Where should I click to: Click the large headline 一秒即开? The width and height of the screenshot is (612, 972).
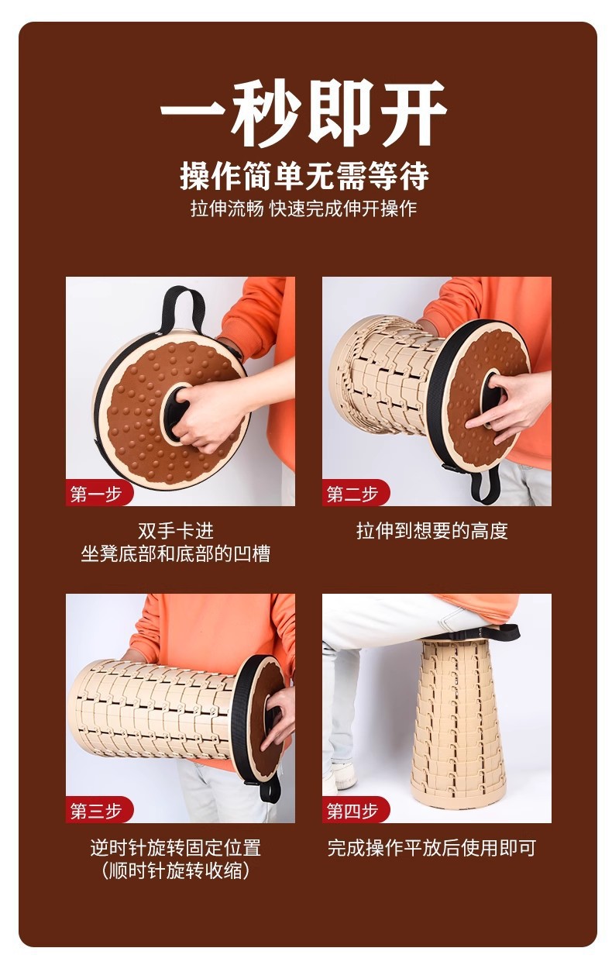(304, 112)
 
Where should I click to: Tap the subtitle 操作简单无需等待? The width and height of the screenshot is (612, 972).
(304, 176)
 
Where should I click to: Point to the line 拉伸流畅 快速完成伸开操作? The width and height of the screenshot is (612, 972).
(304, 209)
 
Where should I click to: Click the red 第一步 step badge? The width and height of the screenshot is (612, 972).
(96, 494)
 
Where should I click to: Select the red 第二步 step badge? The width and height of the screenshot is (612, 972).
(352, 494)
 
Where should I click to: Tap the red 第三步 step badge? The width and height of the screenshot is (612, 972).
(96, 811)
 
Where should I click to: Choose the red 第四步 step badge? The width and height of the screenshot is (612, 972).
(352, 811)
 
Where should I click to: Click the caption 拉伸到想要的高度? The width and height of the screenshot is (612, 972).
(431, 531)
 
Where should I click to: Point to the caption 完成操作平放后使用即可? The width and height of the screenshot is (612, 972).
(431, 847)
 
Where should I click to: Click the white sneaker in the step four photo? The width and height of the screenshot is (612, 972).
(340, 777)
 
